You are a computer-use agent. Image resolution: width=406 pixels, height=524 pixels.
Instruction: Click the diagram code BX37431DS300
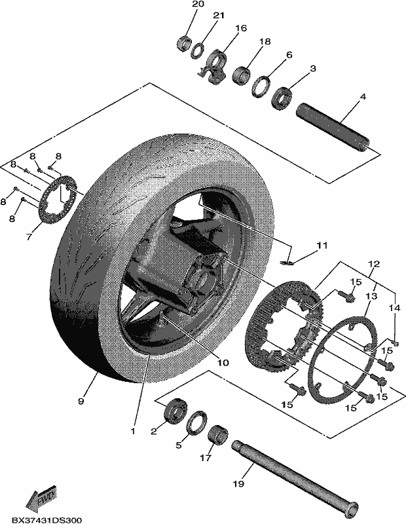46,520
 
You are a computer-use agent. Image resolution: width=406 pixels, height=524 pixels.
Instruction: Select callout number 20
198,5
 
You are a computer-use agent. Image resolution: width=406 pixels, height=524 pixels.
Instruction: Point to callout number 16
240,28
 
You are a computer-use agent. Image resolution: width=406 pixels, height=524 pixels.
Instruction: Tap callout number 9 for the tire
81,401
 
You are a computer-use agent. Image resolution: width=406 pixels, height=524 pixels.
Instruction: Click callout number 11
322,246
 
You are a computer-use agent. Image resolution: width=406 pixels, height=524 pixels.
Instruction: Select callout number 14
395,308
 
